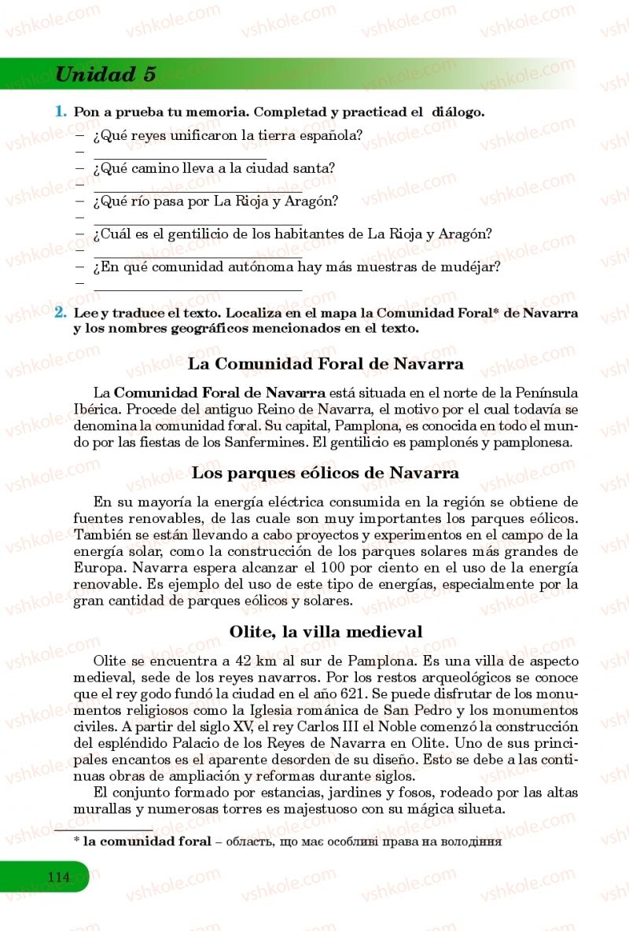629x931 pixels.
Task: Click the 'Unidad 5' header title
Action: [x=105, y=75]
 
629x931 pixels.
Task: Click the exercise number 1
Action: [x=60, y=112]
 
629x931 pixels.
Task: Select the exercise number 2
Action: [x=60, y=312]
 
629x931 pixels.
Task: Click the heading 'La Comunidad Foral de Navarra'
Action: [x=326, y=364]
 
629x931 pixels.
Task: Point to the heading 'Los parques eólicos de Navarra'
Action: [x=326, y=473]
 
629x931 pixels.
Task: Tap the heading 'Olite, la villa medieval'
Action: [x=326, y=631]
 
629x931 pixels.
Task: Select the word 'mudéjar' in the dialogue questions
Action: [x=470, y=267]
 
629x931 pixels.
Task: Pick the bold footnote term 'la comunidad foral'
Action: [x=147, y=841]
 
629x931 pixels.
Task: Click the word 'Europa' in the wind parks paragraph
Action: [x=100, y=568]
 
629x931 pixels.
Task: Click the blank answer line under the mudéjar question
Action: [x=197, y=290]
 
